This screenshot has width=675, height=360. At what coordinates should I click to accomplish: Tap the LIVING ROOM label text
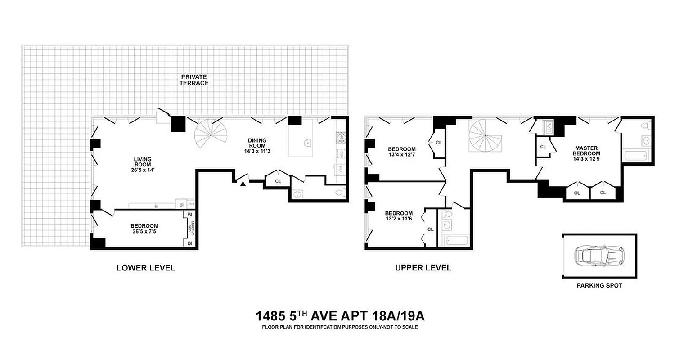tap(142, 164)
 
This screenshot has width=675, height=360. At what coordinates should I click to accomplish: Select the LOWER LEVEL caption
tap(145, 268)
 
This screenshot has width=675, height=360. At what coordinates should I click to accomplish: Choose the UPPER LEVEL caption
tap(423, 268)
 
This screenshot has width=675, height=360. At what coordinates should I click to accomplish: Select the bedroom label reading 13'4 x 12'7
tap(402, 152)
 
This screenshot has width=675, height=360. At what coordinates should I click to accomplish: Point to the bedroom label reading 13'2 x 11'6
tap(399, 216)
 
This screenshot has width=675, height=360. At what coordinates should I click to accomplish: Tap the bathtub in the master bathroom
tap(635, 156)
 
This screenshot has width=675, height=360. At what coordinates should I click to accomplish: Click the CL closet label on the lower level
tap(278, 181)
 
